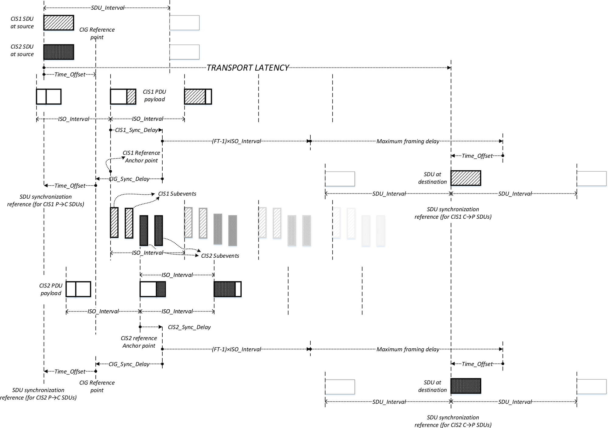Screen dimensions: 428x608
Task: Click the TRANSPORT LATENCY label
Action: coord(248,68)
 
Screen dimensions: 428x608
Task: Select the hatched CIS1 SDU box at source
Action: coord(59,23)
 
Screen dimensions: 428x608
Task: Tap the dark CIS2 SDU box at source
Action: coord(59,52)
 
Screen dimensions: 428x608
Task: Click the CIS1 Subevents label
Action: coord(177,194)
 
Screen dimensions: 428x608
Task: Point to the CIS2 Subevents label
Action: coord(220,256)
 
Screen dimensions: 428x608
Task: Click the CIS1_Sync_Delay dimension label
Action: coord(136,130)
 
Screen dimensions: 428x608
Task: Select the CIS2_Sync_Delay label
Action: coord(189,327)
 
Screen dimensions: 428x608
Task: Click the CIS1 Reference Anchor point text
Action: coord(141,157)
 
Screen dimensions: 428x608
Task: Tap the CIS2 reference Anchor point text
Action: coord(139,342)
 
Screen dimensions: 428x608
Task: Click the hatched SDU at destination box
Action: coord(465,178)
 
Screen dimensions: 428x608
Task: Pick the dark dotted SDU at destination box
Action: coord(465,386)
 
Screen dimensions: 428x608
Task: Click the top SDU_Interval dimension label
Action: coord(108,8)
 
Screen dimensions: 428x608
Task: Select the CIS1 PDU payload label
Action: coord(154,96)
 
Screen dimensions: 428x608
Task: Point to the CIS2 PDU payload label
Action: coord(51,289)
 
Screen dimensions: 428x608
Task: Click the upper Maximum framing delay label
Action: coord(408,141)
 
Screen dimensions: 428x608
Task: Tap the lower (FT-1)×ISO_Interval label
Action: coord(236,349)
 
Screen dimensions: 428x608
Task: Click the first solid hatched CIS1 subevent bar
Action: coord(114,222)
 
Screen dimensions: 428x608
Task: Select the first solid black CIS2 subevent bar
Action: coord(144,230)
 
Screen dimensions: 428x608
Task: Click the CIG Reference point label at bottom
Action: coord(97,386)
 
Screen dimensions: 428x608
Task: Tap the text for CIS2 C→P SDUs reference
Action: coord(453,421)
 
